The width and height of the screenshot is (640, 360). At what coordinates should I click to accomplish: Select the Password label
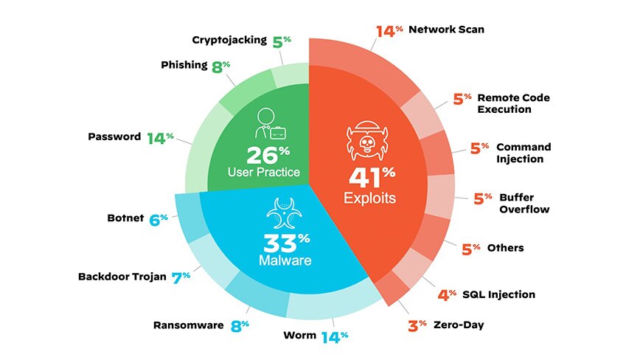click(114, 136)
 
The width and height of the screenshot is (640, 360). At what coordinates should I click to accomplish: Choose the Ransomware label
click(188, 324)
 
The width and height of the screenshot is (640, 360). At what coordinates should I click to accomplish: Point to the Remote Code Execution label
click(513, 103)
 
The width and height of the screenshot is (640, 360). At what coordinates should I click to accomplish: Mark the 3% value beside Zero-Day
click(417, 325)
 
